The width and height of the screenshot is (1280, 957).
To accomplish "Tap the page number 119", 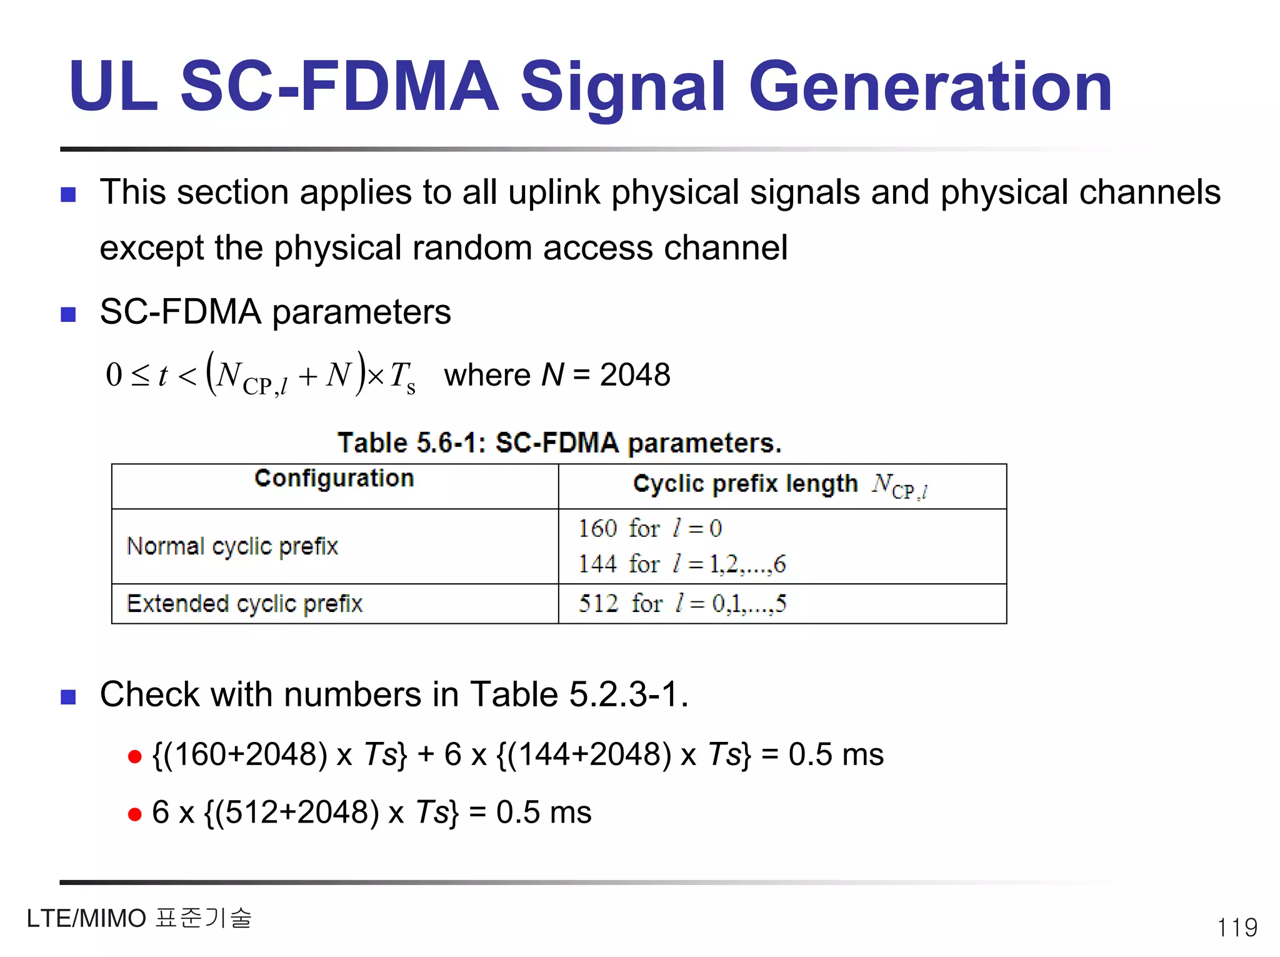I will (x=1237, y=927).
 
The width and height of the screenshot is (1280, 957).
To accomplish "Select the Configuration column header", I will (x=334, y=479).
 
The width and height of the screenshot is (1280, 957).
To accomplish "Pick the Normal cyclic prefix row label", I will (x=232, y=547).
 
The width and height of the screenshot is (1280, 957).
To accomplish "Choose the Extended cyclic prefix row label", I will (x=244, y=604).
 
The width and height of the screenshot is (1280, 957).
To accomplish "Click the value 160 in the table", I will (x=597, y=529).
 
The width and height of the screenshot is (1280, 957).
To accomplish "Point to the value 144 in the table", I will (x=597, y=564).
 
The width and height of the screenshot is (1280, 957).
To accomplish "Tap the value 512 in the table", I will (x=598, y=604).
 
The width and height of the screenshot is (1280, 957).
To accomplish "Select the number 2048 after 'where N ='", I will (x=635, y=375).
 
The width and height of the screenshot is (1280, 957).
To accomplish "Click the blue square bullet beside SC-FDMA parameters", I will (x=68, y=314).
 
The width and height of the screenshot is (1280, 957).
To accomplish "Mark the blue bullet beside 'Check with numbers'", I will (x=68, y=696).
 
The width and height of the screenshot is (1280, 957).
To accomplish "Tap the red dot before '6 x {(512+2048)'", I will (x=134, y=814).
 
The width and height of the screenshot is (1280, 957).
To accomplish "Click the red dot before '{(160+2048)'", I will (x=134, y=757).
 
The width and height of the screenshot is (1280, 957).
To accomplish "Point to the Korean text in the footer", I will (x=204, y=918).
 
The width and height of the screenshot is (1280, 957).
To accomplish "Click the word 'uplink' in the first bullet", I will (x=554, y=192).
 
